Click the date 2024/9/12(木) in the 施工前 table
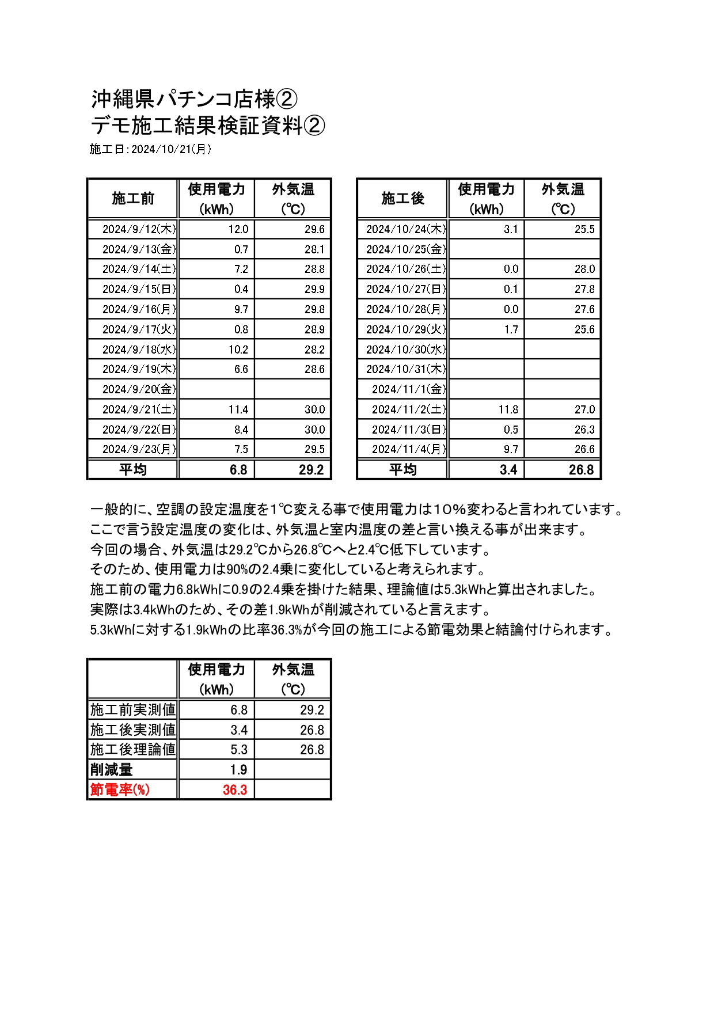pos(139,229)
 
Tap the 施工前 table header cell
pos(133,199)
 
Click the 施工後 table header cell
pos(402,199)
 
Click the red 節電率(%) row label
pos(120,789)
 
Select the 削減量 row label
pos(111,769)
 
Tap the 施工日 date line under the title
pos(150,149)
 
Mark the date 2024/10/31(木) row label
pos(405,369)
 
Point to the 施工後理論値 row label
pos(132,749)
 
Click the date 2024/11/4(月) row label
pos(408,449)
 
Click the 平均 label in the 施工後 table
pos(402,470)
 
